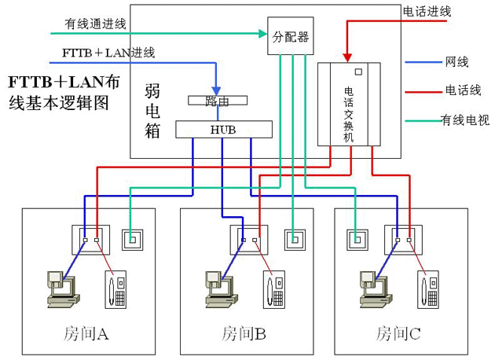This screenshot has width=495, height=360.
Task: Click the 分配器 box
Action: (x=290, y=36)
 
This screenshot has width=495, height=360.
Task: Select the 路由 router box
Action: (x=216, y=101)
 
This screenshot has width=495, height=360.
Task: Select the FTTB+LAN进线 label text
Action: (x=108, y=53)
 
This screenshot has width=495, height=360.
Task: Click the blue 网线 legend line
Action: (x=423, y=61)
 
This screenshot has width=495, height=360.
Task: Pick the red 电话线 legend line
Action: (x=423, y=90)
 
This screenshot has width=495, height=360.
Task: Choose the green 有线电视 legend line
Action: (x=423, y=119)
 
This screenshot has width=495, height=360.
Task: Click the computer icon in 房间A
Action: (x=61, y=286)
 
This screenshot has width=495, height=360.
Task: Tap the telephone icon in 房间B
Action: (x=274, y=288)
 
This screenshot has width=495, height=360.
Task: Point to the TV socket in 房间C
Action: (x=357, y=238)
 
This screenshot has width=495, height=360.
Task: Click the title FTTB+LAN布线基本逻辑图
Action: (x=64, y=92)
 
